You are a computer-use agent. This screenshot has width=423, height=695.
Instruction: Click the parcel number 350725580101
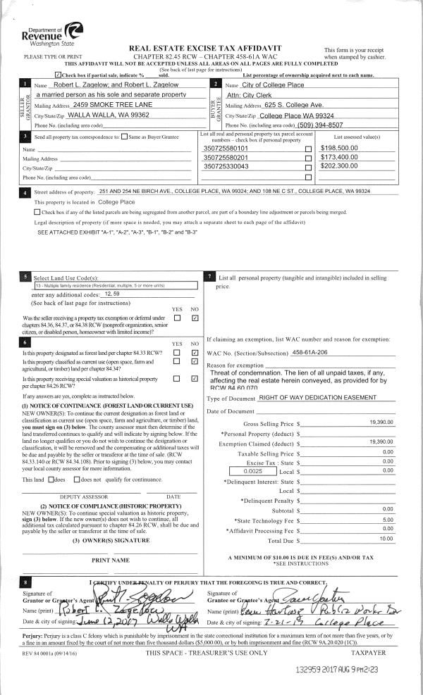click(x=225, y=149)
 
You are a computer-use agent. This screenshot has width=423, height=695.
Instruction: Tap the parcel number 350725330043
click(x=225, y=166)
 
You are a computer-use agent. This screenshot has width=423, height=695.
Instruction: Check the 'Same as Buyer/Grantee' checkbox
click(x=125, y=136)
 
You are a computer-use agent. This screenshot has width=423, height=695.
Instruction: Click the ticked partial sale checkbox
click(x=58, y=74)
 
